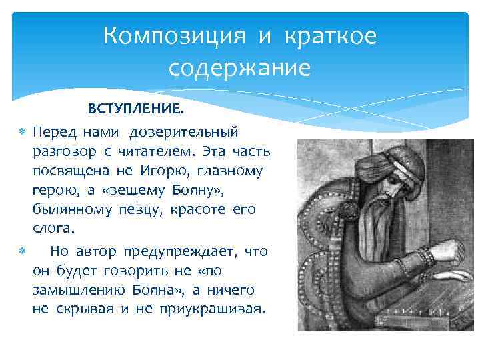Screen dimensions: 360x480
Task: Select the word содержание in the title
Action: (x=240, y=68)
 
